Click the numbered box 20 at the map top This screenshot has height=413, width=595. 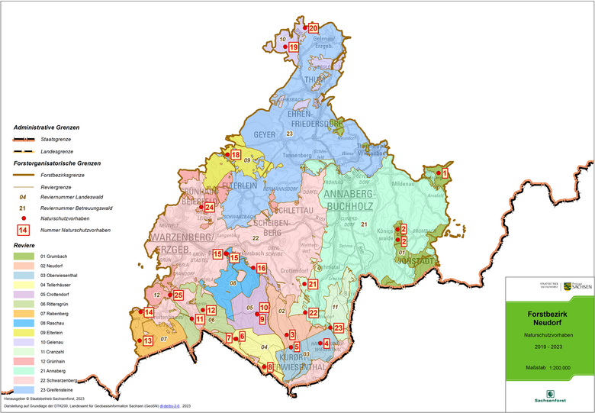pyautogui.click(x=313, y=28)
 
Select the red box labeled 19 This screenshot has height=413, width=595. pyautogui.click(x=293, y=47)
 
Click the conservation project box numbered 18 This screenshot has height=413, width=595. pyautogui.click(x=236, y=155)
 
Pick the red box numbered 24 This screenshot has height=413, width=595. pyautogui.click(x=209, y=207)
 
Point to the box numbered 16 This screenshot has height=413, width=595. pyautogui.click(x=261, y=269)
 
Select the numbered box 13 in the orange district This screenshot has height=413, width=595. pyautogui.click(x=148, y=340)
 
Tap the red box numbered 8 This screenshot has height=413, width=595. pyautogui.click(x=269, y=368)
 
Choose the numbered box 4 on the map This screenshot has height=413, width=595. pyautogui.click(x=326, y=344)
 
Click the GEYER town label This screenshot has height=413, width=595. pyautogui.click(x=264, y=134)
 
